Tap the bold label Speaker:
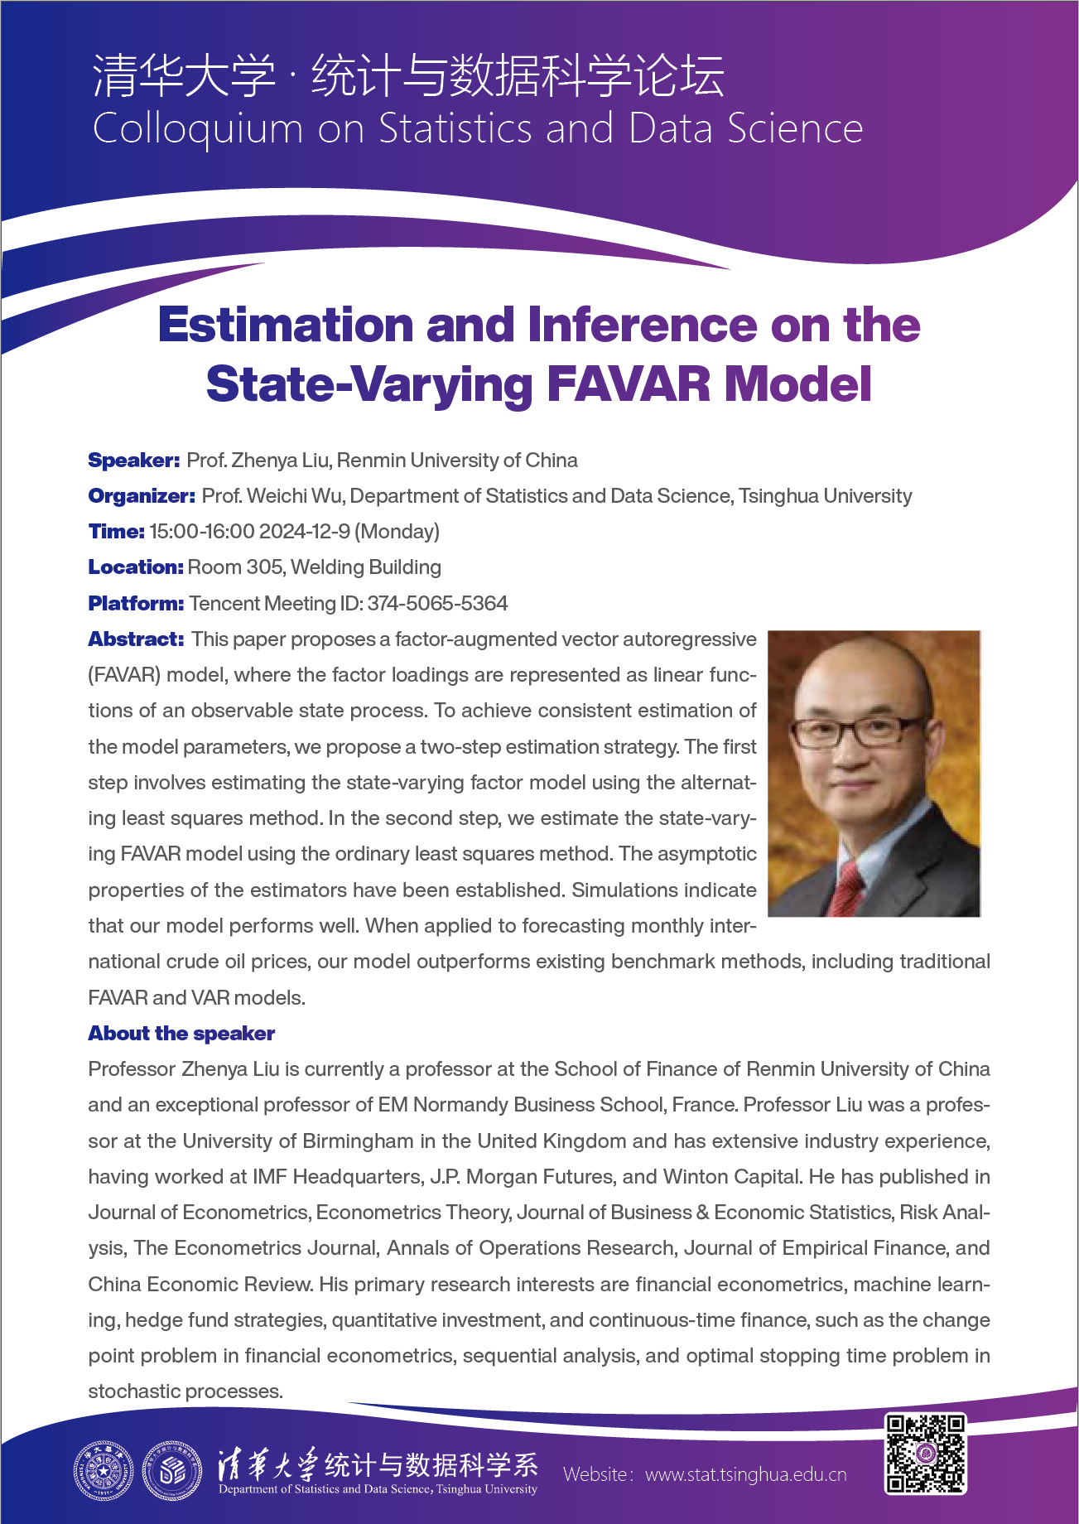pyautogui.click(x=133, y=461)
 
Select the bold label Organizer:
pyautogui.click(x=142, y=496)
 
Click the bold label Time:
pyautogui.click(x=116, y=532)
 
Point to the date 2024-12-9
pyautogui.click(x=304, y=532)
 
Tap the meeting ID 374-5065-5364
pyautogui.click(x=437, y=604)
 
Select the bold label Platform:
pyautogui.click(x=136, y=604)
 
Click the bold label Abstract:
pyautogui.click(x=136, y=639)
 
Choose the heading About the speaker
pyautogui.click(x=181, y=1034)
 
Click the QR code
pyautogui.click(x=925, y=1454)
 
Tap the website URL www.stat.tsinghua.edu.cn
pyautogui.click(x=745, y=1474)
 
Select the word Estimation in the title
pyautogui.click(x=286, y=325)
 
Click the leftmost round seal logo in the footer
pyautogui.click(x=103, y=1471)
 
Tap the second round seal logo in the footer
pyautogui.click(x=172, y=1471)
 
